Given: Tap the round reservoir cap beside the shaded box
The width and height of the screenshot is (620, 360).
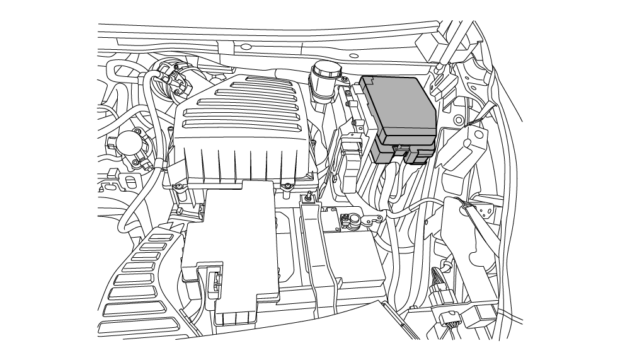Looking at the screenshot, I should click(325, 69).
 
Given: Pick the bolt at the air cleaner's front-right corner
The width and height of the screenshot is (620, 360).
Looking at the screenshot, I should click(287, 185).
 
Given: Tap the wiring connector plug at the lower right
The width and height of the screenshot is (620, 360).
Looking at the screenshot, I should click(444, 296).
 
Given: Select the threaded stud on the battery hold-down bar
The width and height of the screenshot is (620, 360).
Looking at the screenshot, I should click(309, 198).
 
